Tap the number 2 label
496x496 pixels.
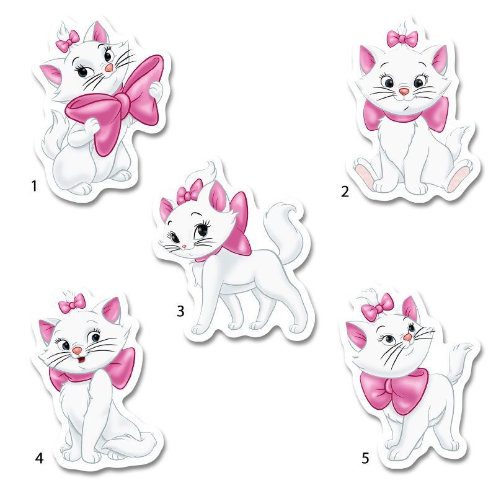(345, 192)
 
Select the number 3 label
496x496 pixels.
(180, 311)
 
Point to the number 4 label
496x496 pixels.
(39, 458)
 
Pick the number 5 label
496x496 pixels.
(365, 458)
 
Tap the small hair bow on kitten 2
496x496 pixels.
(402, 38)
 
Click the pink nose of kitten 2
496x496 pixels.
(404, 91)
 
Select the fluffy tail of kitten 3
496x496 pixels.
(283, 230)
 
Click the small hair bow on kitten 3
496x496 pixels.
(189, 192)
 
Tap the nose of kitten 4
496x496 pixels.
(77, 350)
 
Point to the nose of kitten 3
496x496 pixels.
(184, 246)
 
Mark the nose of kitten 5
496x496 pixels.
(408, 337)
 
